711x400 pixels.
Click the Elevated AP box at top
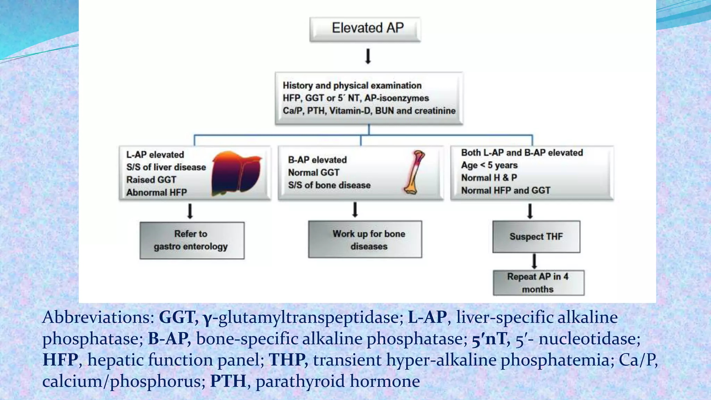[365, 29]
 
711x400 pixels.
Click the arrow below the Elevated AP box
[368, 56]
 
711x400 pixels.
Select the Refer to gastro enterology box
[192, 240]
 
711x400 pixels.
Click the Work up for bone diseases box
[365, 240]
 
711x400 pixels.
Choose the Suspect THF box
[536, 237]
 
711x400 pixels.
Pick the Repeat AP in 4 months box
[538, 283]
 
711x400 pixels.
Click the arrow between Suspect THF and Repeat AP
[534, 261]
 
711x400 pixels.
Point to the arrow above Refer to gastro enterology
[190, 211]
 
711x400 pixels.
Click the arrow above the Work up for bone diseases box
[355, 210]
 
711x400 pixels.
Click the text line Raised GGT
[151, 180]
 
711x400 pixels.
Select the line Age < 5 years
[489, 165]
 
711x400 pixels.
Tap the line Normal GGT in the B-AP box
[313, 173]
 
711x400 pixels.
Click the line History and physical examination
[352, 85]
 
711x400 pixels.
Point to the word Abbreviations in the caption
[98, 317]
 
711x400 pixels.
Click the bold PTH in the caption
[228, 381]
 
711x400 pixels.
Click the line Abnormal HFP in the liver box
[156, 192]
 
